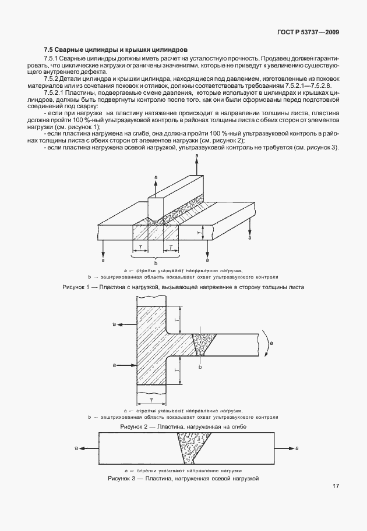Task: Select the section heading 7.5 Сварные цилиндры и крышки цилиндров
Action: pyautogui.click(x=115, y=50)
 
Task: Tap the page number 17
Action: pyautogui.click(x=336, y=486)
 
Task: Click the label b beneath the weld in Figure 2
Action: pyautogui.click(x=200, y=367)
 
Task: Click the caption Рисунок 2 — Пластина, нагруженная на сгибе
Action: pyautogui.click(x=183, y=427)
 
